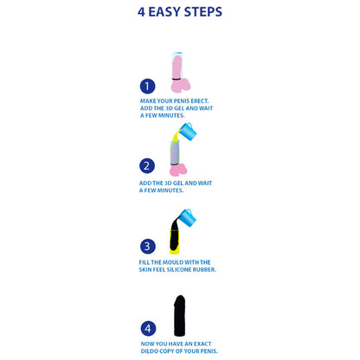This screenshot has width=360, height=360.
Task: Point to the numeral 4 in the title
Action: (142, 13)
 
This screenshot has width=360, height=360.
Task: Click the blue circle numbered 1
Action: (148, 86)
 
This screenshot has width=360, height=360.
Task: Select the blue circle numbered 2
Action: (148, 167)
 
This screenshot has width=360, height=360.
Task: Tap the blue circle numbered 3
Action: (148, 246)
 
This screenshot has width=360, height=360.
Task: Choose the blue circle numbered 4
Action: (148, 329)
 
